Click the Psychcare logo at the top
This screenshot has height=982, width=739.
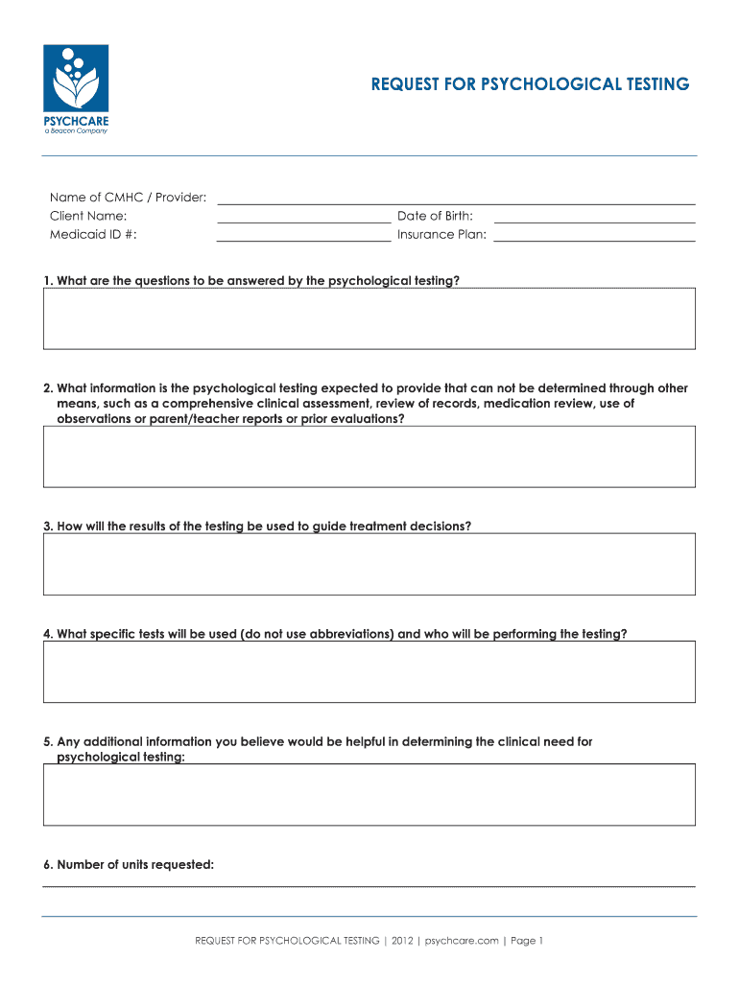(x=76, y=89)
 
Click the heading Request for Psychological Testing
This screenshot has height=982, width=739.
(x=530, y=84)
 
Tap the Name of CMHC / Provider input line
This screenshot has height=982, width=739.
(x=456, y=199)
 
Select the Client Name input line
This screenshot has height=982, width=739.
(x=303, y=217)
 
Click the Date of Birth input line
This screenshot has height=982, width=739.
(x=594, y=217)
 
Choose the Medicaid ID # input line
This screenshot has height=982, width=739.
(x=303, y=235)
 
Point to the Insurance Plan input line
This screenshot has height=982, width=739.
(x=594, y=235)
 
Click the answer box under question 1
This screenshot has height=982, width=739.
(x=369, y=318)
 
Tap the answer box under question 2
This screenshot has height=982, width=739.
(x=369, y=456)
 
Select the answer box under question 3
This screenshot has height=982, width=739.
(x=369, y=564)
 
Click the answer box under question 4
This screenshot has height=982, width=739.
(x=369, y=671)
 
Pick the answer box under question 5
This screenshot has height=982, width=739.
(x=369, y=794)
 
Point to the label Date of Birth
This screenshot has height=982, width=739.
(x=435, y=217)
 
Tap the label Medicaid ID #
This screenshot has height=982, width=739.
(x=93, y=235)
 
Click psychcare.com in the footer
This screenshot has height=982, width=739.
(x=462, y=941)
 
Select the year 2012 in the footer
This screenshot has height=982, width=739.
(x=402, y=941)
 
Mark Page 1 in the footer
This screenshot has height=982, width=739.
(x=527, y=941)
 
